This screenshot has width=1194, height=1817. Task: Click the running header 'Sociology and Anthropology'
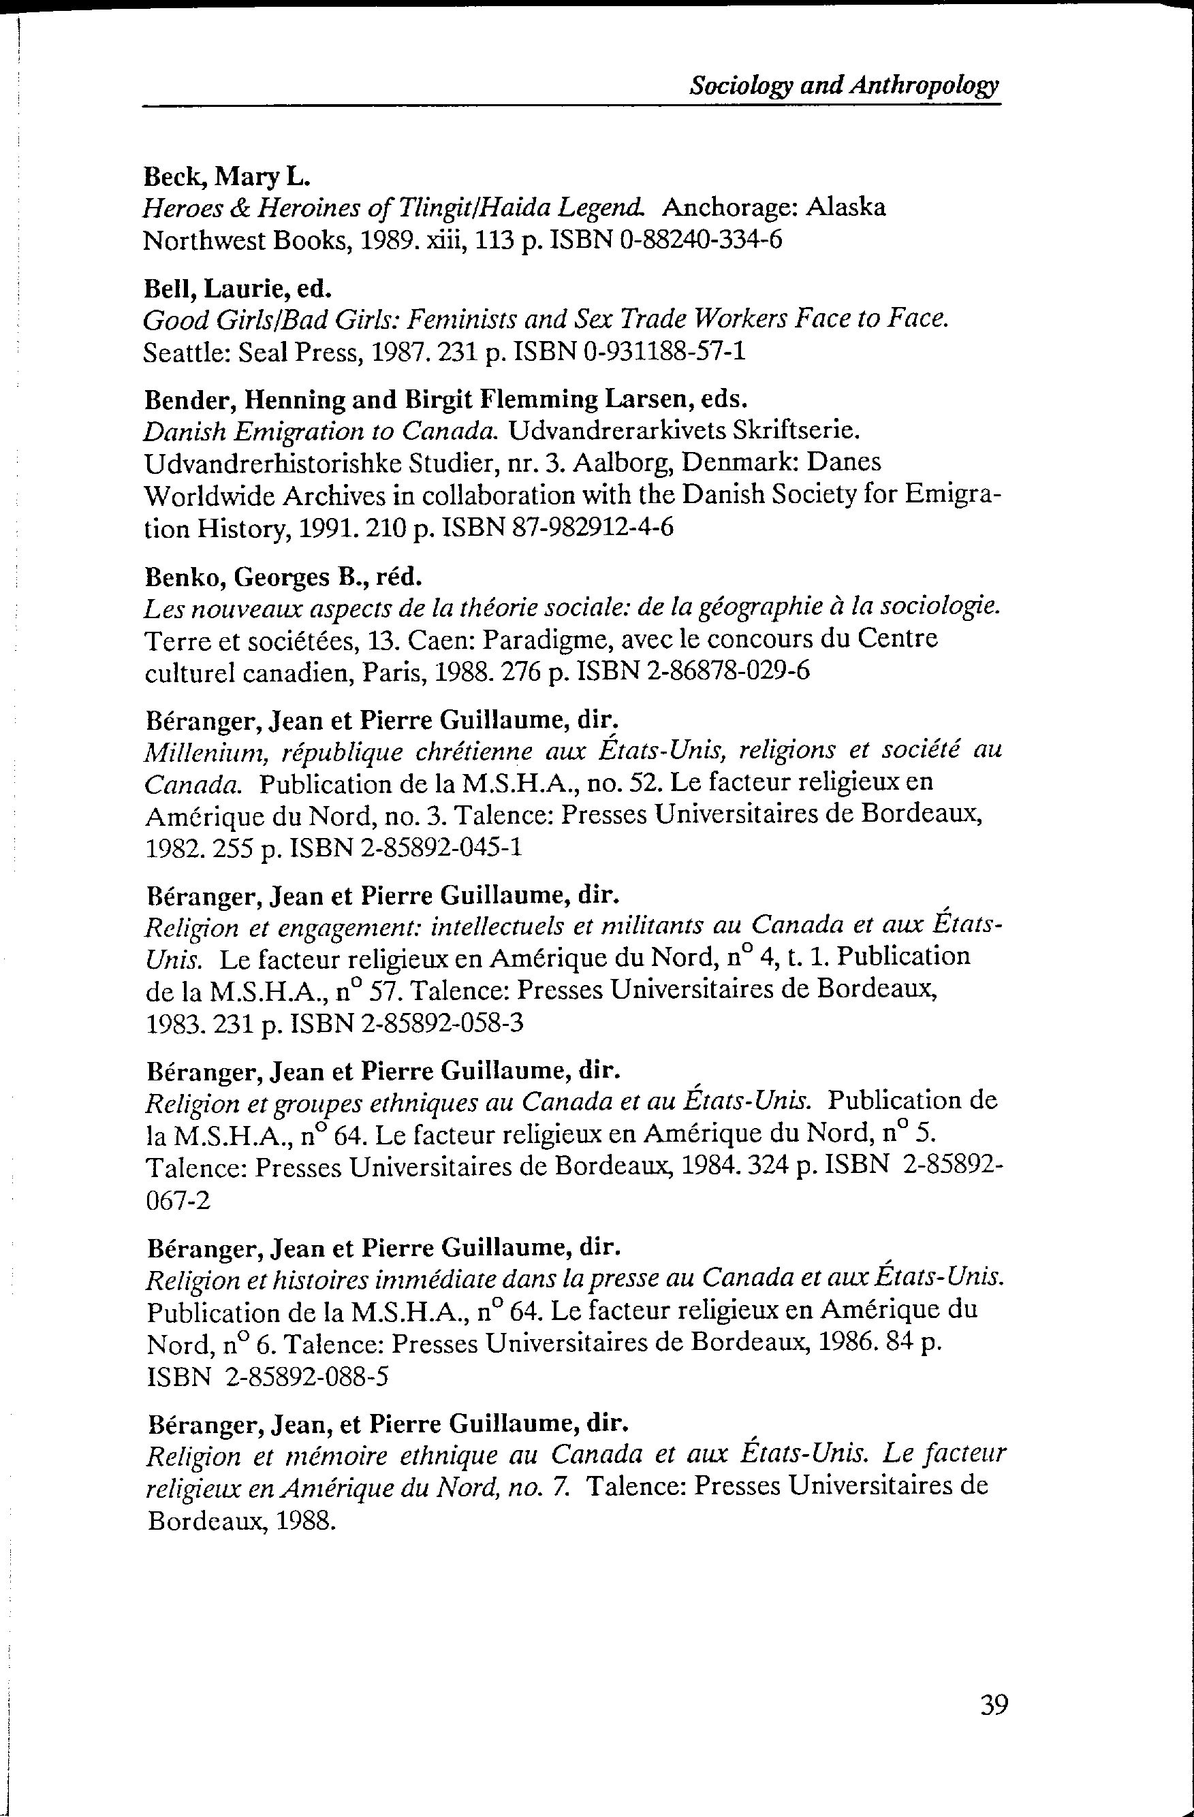point(844,86)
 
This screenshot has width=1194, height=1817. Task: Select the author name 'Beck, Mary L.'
point(227,177)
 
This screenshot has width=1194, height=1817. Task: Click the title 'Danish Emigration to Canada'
point(321,432)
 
